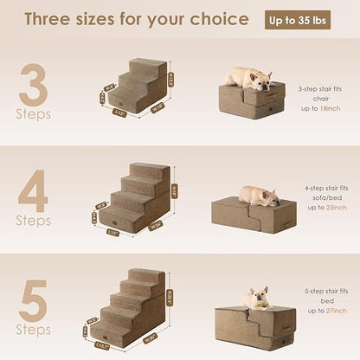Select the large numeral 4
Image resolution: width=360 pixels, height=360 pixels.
point(33,191)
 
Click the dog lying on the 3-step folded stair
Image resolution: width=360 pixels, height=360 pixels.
point(251,79)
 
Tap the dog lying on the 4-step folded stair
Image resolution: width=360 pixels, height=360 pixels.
point(257,195)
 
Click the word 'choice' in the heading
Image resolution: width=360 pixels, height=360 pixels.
point(220,20)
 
